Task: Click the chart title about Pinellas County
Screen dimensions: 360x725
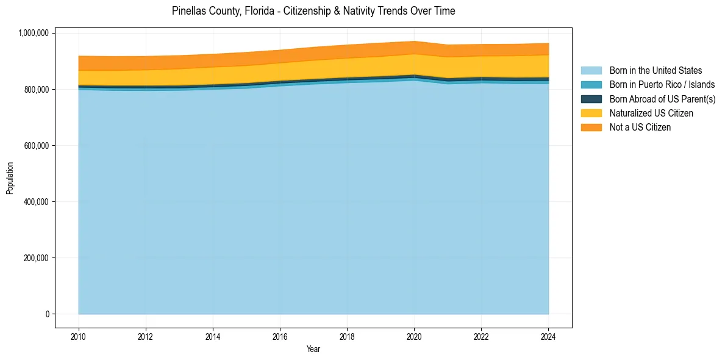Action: point(313,11)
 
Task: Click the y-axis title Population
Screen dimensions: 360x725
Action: point(10,178)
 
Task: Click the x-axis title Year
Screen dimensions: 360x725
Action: point(313,350)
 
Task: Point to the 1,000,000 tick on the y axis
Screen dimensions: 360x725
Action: point(34,33)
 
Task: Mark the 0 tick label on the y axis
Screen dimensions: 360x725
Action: point(48,314)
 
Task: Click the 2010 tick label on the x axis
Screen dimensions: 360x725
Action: point(79,336)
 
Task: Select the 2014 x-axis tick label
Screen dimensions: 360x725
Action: point(213,336)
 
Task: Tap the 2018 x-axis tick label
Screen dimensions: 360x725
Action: point(347,336)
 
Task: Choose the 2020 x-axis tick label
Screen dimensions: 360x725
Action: point(415,336)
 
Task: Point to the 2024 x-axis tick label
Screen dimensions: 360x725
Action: point(549,336)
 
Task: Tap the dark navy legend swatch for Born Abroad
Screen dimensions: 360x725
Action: point(591,99)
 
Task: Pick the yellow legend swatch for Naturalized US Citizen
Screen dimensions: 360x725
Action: point(591,113)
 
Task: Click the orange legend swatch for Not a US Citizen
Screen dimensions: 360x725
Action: point(591,128)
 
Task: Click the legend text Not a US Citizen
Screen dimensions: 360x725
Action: point(640,128)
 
